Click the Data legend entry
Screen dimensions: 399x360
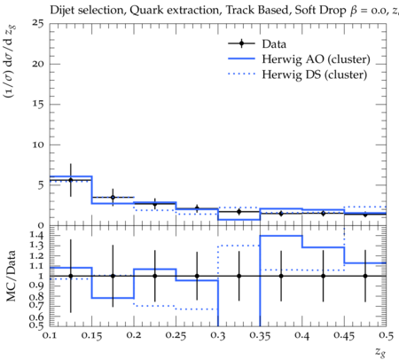tap(257, 43)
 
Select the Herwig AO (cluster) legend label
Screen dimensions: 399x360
tap(316, 59)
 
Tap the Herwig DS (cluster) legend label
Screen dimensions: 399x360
tap(315, 74)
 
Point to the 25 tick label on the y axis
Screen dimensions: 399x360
tap(38, 23)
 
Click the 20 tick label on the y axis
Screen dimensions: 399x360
tap(38, 64)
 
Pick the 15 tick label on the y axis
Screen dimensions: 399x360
tap(38, 105)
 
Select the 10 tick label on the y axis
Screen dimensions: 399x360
tap(38, 145)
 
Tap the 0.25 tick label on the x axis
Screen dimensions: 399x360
tap(176, 335)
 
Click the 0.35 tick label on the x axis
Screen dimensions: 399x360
tap(260, 335)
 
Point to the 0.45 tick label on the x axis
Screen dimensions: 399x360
tap(344, 335)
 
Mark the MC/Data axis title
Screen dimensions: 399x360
tap(12, 276)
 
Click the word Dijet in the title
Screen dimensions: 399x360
tap(60, 11)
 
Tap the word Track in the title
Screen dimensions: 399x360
tap(239, 11)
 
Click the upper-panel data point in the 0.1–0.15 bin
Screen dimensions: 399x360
tap(71, 180)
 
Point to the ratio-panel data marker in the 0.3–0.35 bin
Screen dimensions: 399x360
tap(239, 276)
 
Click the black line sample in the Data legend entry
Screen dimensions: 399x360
tap(241, 43)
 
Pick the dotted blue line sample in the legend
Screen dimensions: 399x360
tap(241, 74)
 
